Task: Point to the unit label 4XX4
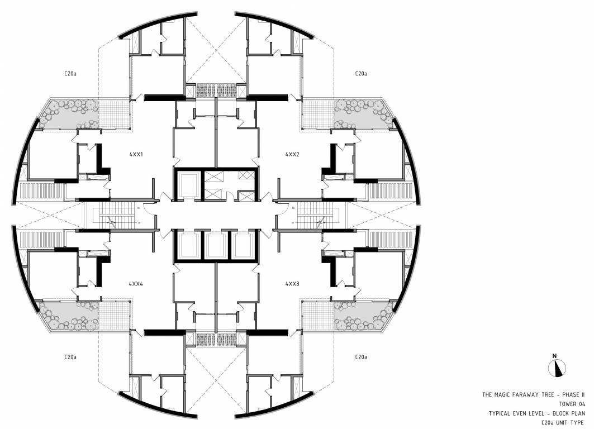[x=136, y=284]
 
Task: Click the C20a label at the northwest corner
[x=70, y=73]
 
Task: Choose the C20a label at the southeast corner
[x=360, y=356]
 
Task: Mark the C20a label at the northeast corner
[x=360, y=73]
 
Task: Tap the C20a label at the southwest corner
[x=70, y=356]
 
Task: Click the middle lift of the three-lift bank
[x=216, y=245]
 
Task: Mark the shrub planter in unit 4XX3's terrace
[x=358, y=316]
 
